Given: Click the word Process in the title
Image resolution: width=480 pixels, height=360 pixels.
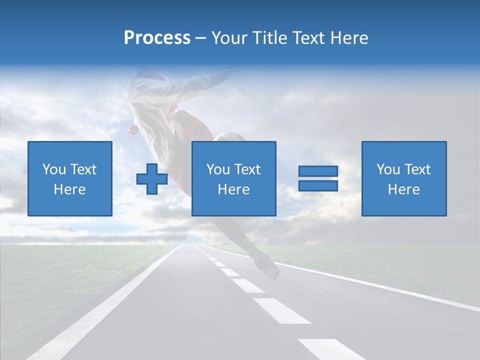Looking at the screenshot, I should tap(157, 38).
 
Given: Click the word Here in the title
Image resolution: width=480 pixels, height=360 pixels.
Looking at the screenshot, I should tap(348, 38).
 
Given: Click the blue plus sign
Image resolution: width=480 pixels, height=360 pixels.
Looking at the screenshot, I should tap(152, 178).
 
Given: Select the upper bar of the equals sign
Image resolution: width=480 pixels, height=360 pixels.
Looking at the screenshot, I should tap(318, 171).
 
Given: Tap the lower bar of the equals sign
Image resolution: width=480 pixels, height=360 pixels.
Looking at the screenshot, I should tap(318, 185).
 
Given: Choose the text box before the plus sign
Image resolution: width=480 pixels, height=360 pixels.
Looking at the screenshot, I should tap(70, 178).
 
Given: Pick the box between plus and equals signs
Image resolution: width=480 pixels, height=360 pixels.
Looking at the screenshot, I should tap(233, 178).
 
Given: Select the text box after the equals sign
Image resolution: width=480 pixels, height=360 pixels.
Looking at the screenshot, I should tap(403, 178).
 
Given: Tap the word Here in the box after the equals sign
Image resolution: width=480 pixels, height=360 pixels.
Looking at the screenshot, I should tap(403, 189).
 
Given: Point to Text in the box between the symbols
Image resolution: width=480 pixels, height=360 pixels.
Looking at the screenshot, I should tap(247, 169).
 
